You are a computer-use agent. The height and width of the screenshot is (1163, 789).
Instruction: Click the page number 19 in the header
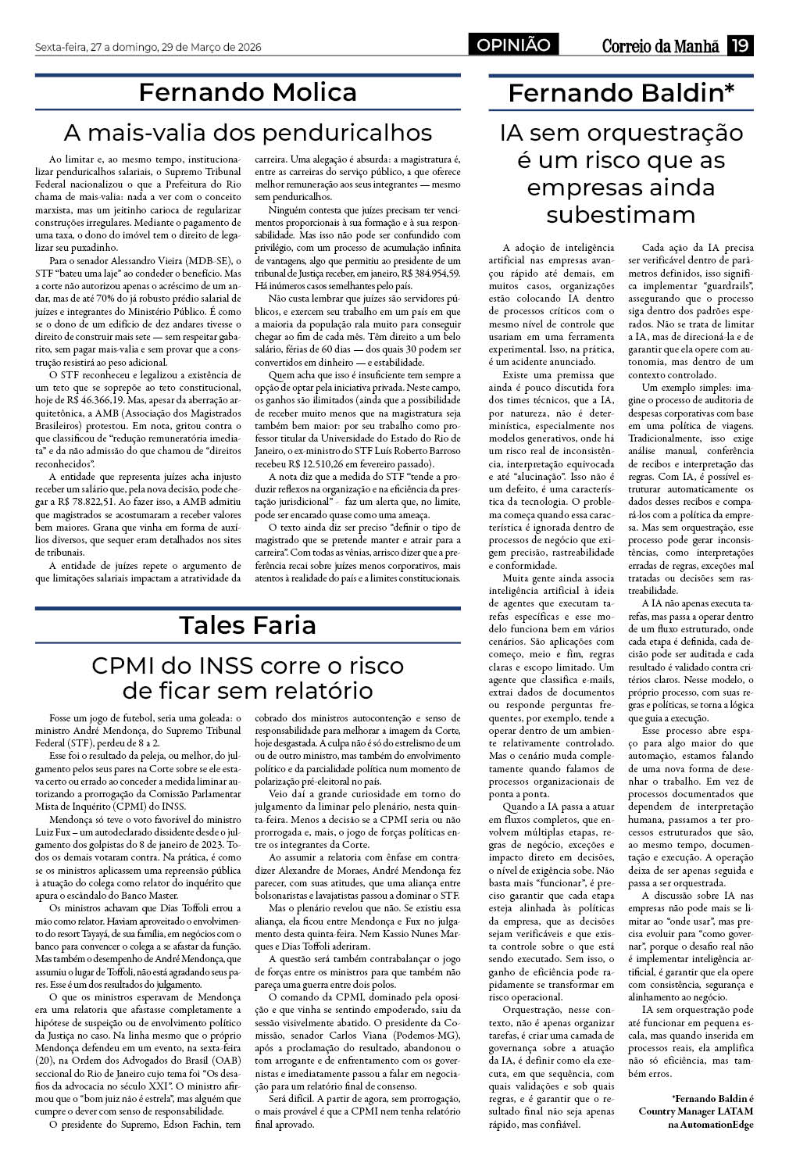point(739,46)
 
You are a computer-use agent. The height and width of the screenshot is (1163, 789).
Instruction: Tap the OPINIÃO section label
point(514,46)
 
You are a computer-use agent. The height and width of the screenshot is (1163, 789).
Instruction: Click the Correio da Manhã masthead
point(660,46)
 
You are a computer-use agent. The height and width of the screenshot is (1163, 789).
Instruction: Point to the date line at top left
point(148,48)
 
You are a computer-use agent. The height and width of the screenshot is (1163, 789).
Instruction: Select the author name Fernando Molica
point(248,92)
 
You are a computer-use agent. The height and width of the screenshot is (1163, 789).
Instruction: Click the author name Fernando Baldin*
point(621,93)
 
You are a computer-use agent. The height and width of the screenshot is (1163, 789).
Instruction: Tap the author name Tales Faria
point(248,624)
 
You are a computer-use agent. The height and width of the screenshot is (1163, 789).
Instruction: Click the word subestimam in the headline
point(621,214)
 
